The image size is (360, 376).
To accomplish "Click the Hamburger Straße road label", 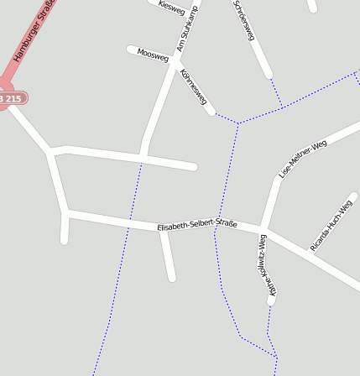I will [x=34, y=31].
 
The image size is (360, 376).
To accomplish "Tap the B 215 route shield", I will [x=10, y=99].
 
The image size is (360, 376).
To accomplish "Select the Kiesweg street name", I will [x=170, y=7].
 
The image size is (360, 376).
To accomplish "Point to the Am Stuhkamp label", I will [x=188, y=28].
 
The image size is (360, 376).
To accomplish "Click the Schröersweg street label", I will [x=244, y=20].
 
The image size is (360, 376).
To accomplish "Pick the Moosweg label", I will [x=153, y=55].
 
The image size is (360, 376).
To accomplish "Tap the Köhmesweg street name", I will [x=194, y=86].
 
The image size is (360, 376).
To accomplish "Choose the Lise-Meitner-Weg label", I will [x=302, y=159].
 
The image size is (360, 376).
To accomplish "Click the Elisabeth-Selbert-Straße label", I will [x=197, y=225].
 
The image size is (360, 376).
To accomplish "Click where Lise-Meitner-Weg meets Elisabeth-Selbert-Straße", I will [x=263, y=229].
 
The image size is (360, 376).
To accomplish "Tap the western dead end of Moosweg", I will [x=131, y=50].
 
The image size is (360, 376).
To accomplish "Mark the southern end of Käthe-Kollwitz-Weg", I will [x=271, y=300].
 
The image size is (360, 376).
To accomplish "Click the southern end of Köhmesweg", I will [x=211, y=111].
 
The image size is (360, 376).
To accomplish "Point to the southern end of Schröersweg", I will [x=268, y=75].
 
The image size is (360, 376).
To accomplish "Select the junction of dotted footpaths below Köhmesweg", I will [x=238, y=124].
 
